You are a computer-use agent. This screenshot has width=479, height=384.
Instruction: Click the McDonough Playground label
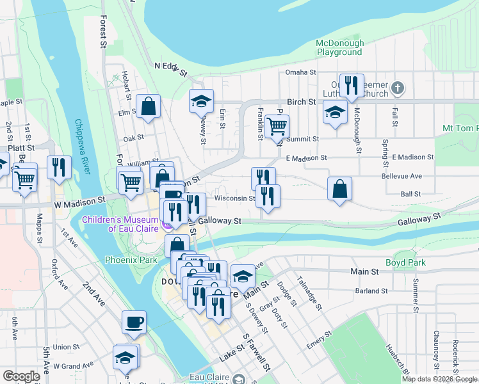point(339,48)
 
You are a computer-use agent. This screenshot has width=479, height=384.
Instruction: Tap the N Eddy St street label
point(170,68)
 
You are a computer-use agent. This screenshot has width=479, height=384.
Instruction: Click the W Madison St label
point(79,200)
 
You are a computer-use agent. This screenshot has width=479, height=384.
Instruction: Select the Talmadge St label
point(309,292)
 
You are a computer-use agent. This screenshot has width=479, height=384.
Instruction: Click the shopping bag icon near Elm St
point(148,108)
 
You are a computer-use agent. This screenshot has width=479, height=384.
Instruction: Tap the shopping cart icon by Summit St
point(277,127)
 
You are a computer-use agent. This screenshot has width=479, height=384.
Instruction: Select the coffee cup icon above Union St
point(134,323)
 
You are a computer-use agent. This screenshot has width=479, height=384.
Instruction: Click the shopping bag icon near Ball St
point(339,189)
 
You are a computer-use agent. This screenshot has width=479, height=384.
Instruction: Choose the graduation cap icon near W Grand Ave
point(126,358)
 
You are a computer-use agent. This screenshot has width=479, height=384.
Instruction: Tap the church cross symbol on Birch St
point(397,88)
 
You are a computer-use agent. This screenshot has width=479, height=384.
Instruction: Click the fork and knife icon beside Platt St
point(59,168)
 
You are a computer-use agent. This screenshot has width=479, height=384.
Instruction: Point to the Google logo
point(22,376)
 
